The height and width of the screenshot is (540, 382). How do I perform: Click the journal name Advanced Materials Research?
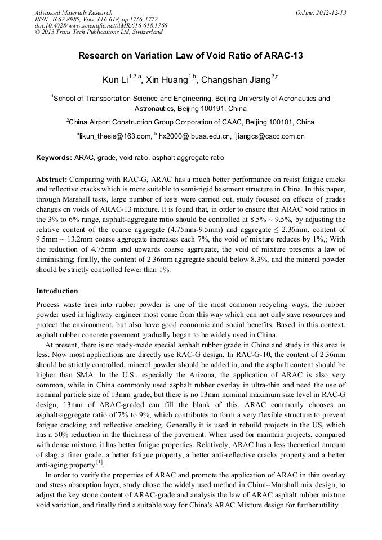coord(73,12)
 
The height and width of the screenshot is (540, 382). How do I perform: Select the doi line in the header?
coord(101,26)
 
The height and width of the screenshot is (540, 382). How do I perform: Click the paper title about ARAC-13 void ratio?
coord(190,56)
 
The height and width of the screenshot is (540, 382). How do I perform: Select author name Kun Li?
coord(115,81)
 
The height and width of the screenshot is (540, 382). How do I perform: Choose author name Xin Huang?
coord(167,81)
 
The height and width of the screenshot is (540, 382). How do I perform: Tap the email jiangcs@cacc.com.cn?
coord(270,136)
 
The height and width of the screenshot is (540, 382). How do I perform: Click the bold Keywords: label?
coord(54,158)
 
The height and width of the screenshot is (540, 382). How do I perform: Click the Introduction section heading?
coord(57,291)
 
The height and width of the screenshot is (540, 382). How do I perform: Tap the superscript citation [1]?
coord(99,463)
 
